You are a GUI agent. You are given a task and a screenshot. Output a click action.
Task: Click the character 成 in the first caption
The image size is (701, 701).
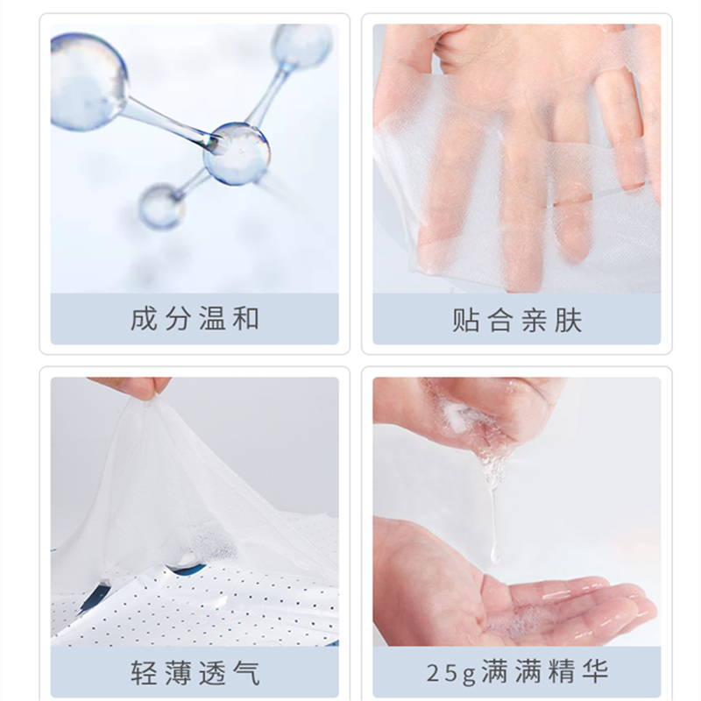click(144, 319)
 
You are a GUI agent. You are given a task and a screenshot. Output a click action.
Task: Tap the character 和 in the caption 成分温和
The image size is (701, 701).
click(246, 319)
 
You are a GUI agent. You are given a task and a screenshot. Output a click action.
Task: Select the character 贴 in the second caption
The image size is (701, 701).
click(465, 321)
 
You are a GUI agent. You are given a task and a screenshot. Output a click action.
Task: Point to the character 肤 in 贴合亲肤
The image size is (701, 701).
click(568, 321)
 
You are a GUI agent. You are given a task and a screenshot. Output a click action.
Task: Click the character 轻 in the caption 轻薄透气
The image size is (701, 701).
click(144, 673)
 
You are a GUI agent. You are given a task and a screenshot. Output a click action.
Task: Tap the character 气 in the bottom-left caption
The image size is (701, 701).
click(246, 673)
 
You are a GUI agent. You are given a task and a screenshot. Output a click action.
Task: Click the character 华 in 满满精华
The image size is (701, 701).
click(595, 671)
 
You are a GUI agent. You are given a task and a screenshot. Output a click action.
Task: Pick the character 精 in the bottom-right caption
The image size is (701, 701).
click(561, 671)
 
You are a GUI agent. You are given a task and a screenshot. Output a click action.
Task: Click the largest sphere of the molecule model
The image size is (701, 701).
click(89, 82)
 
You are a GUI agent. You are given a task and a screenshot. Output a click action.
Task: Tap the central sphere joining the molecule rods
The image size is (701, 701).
click(237, 153)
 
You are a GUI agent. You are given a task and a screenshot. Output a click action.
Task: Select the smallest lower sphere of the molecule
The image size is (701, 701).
click(162, 207)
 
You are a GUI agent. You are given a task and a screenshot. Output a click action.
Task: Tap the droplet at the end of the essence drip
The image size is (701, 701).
click(495, 555)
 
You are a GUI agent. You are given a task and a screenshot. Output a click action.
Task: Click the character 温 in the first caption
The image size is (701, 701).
click(212, 319)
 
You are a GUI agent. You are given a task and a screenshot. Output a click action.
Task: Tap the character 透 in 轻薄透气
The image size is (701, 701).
click(212, 673)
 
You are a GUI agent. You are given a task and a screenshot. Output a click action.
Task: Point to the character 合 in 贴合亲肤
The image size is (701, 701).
click(499, 321)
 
